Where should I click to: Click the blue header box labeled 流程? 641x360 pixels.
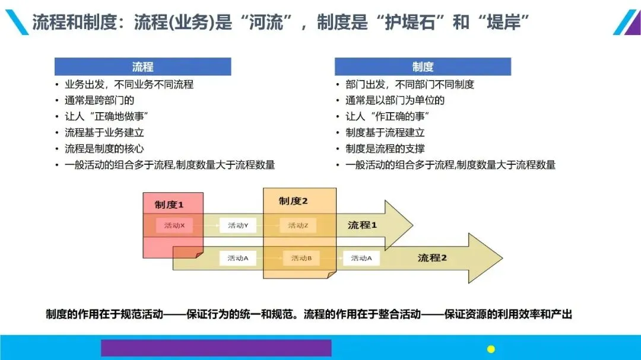point(142,66)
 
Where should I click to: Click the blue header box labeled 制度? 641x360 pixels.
point(423,66)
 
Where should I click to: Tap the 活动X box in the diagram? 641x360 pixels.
point(174,225)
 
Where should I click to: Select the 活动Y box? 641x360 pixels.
point(238,225)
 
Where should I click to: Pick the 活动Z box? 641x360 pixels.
point(298,225)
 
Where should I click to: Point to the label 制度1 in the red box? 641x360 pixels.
point(169,205)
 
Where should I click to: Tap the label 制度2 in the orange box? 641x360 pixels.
point(293,201)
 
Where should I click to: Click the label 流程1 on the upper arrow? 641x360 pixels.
point(362,225)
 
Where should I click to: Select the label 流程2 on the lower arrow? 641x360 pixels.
point(432,258)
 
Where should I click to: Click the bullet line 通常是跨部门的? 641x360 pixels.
point(99,100)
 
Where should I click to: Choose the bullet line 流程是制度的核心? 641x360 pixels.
point(104,148)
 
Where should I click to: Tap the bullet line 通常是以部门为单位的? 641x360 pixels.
point(395,100)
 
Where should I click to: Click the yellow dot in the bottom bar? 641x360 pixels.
point(491,349)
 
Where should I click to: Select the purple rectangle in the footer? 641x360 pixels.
point(216,348)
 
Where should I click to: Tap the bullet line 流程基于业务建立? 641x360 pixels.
point(104,132)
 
